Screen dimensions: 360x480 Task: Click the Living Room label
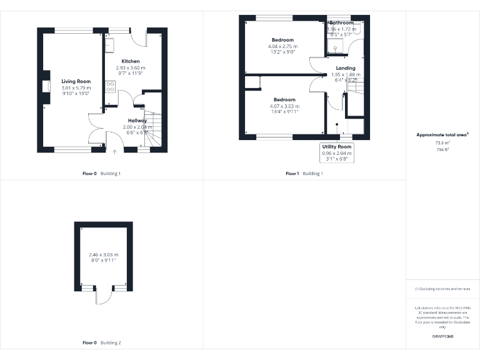pyautogui.click(x=76, y=81)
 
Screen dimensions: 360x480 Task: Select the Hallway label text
pyautogui.click(x=137, y=121)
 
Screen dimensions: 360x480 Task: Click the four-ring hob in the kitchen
pyautogui.click(x=111, y=86)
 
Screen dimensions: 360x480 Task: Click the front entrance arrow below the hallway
pyautogui.click(x=115, y=151)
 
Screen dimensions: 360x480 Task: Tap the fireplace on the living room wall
pyautogui.click(x=47, y=86)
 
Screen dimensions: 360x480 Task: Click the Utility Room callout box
pyautogui.click(x=337, y=152)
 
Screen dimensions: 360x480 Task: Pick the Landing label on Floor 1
pyautogui.click(x=346, y=68)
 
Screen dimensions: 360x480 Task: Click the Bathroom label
pyautogui.click(x=342, y=23)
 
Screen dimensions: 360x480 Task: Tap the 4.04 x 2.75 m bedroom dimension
pyautogui.click(x=282, y=47)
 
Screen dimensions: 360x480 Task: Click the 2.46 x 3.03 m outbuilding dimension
pyautogui.click(x=104, y=255)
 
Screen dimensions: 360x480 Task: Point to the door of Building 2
pyautogui.click(x=97, y=295)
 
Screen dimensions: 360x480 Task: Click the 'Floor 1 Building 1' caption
pyautogui.click(x=304, y=173)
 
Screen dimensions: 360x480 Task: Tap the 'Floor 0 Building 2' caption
pyautogui.click(x=102, y=342)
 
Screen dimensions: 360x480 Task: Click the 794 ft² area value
pyautogui.click(x=442, y=149)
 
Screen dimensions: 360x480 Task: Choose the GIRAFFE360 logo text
pyautogui.click(x=442, y=337)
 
